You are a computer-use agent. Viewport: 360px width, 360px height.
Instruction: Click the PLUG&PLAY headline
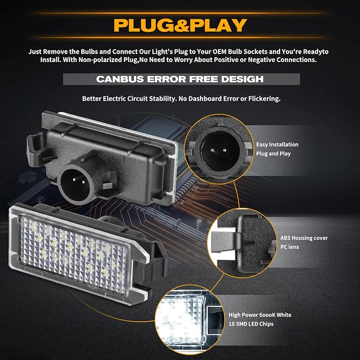180,25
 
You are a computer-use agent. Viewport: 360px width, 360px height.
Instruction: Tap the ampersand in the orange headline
181,25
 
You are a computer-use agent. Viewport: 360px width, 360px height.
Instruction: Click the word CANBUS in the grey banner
120,79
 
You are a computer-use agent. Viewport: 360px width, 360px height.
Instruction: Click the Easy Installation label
277,144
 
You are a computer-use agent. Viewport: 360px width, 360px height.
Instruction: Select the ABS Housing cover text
304,238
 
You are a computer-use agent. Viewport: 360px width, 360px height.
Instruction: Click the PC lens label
289,247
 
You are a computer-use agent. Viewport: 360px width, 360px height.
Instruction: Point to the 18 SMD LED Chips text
251,324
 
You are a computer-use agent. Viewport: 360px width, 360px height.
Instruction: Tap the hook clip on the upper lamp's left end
37,149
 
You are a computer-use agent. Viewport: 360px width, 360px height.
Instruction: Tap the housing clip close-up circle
242,243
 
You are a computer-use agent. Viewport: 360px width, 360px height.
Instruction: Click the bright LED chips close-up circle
190,320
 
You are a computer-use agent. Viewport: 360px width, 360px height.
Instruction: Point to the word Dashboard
205,99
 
